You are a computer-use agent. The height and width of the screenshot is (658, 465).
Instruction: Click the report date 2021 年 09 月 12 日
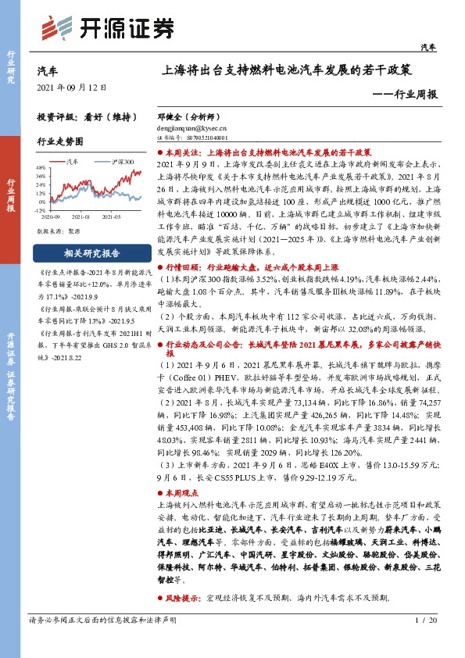click(x=71, y=87)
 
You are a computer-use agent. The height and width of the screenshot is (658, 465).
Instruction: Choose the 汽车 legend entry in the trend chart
click(x=70, y=162)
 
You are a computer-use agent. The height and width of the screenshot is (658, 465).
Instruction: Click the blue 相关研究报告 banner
click(x=91, y=254)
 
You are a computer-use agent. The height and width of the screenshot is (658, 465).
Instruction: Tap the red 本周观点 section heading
click(x=183, y=495)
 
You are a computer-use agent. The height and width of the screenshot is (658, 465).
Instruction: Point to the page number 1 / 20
click(x=427, y=620)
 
